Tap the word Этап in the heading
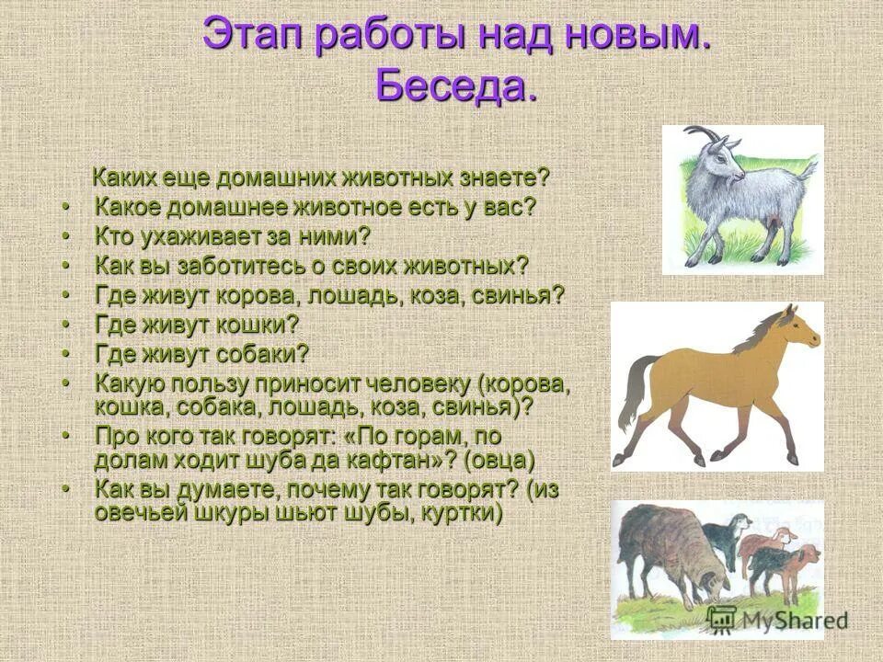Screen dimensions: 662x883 tap(253, 36)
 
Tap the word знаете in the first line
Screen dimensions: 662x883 tap(500, 176)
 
